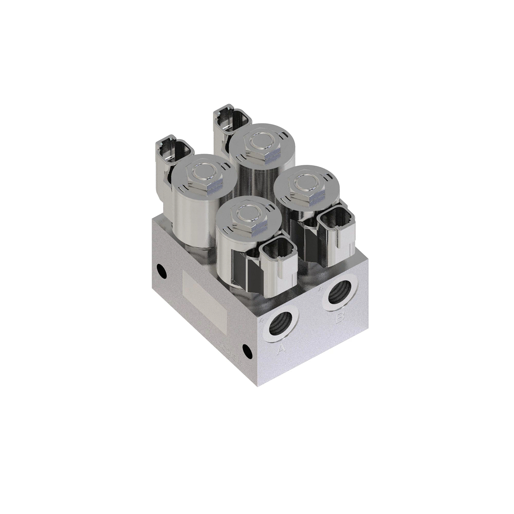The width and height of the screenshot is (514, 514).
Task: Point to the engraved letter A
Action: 281,349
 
